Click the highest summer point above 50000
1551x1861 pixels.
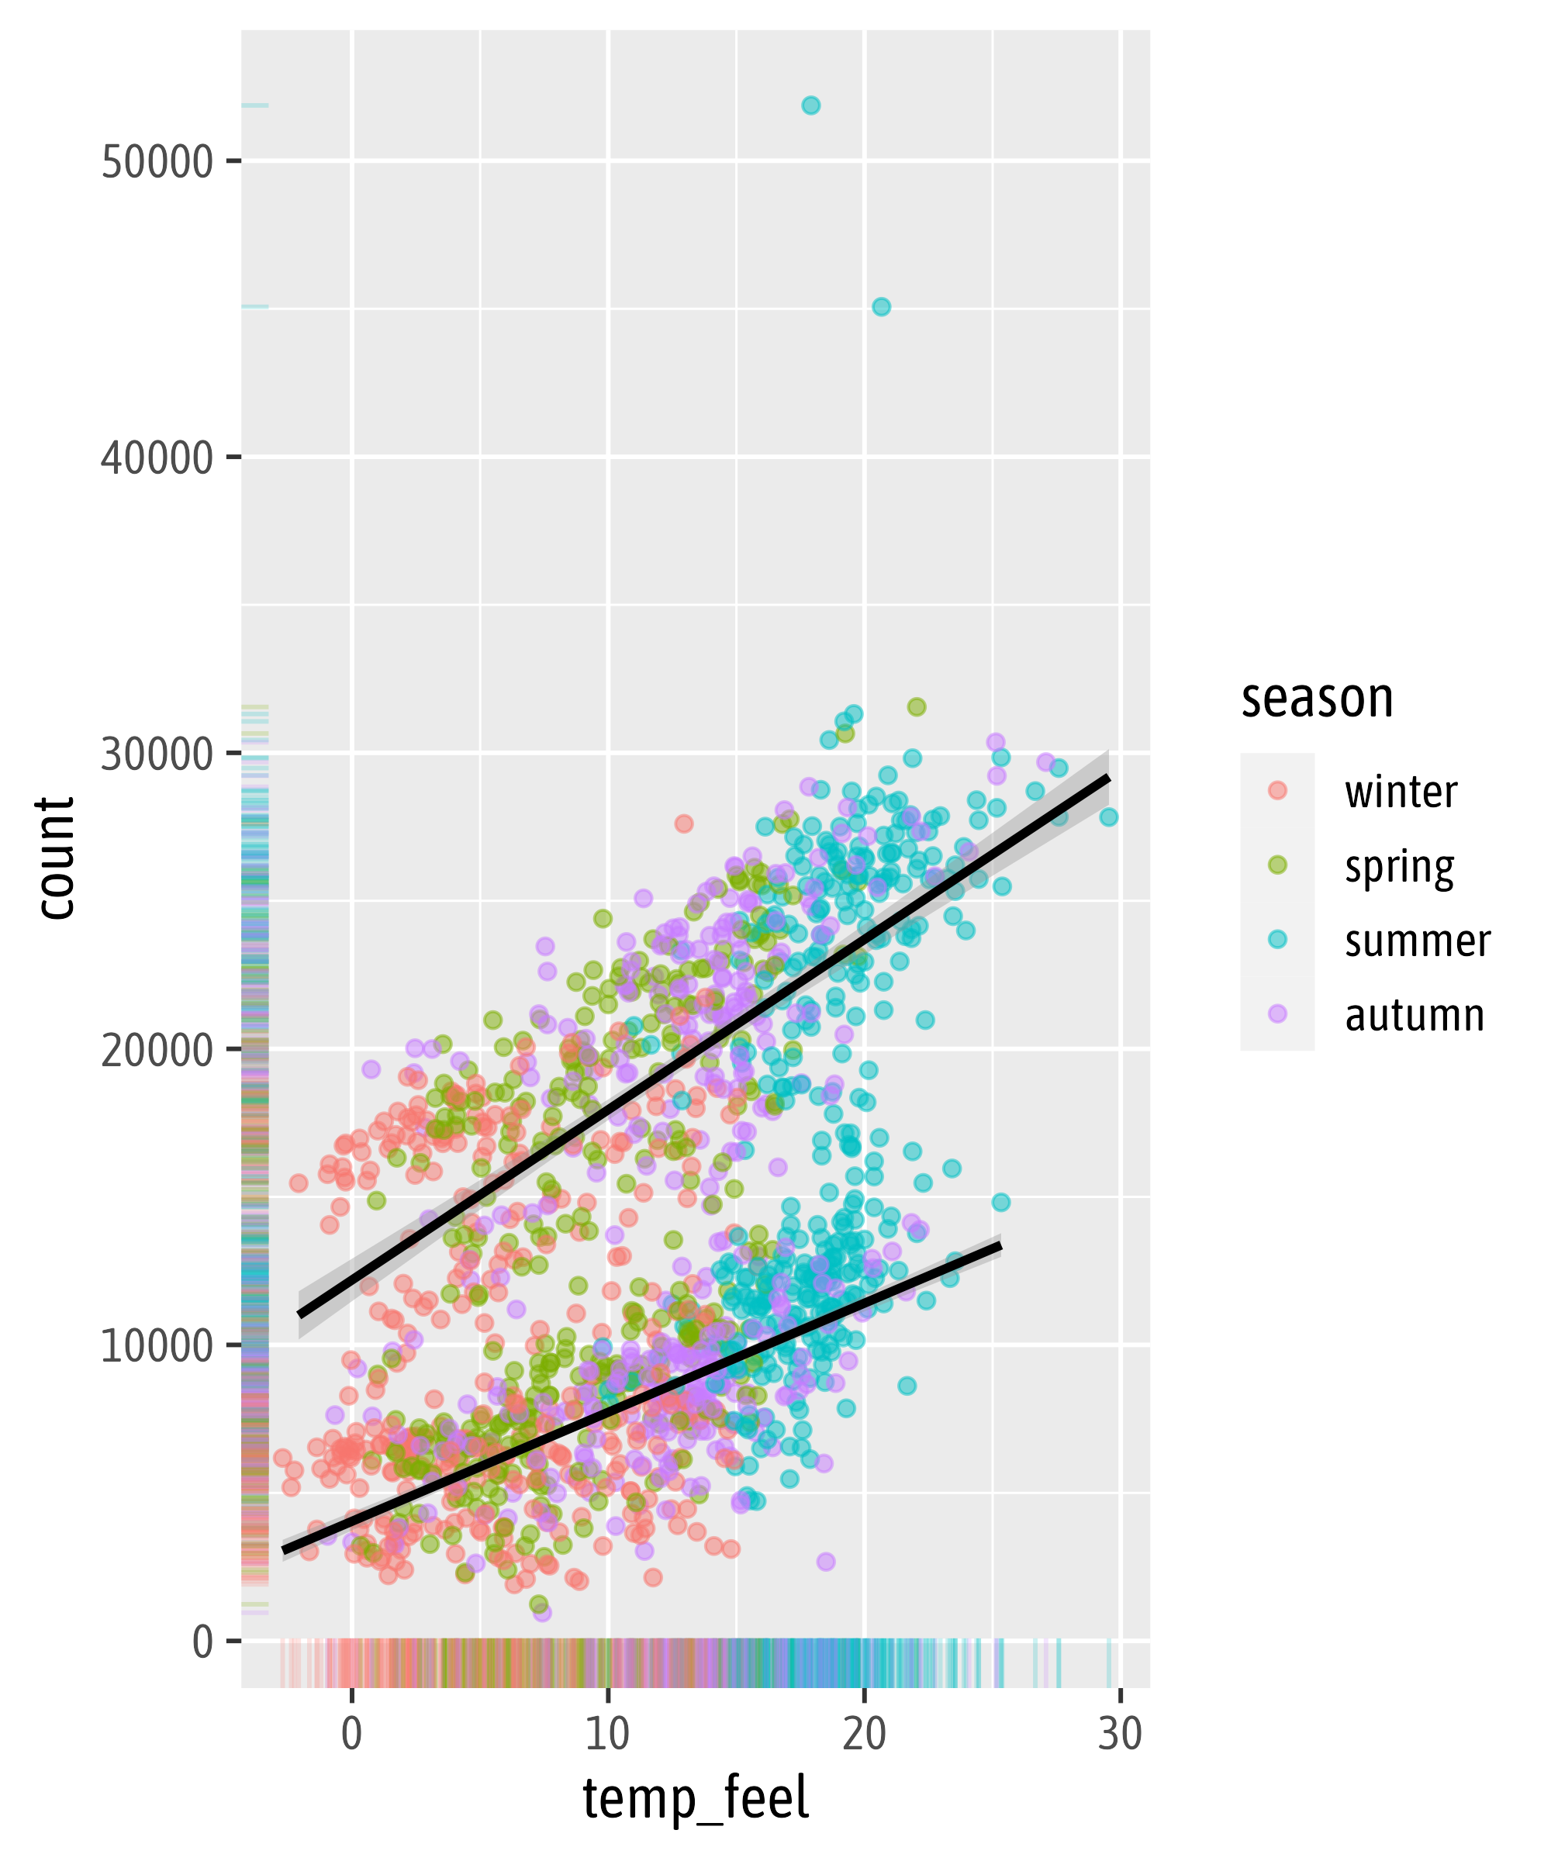point(810,105)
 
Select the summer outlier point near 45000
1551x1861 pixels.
point(881,306)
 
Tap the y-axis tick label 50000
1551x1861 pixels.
point(157,162)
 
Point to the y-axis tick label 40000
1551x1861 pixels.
point(157,458)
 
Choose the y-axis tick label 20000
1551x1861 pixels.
point(157,1051)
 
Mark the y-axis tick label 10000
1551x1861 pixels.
point(157,1347)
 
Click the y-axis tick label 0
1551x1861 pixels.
point(203,1643)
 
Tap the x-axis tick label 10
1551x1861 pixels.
point(607,1735)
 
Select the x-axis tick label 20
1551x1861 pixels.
point(864,1735)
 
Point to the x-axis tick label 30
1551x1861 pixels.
point(1121,1735)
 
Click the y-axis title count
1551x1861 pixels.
point(55,858)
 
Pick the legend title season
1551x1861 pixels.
point(1317,699)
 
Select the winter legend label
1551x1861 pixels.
point(1401,792)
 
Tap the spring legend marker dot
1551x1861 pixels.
point(1277,865)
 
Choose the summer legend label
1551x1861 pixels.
point(1417,941)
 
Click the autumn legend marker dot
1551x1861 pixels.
point(1277,1013)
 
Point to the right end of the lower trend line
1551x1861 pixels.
point(1000,1246)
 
